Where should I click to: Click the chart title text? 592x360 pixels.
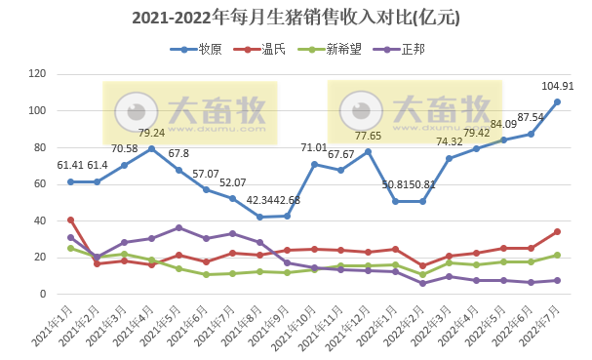(296, 18)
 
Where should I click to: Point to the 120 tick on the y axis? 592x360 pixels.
(38, 74)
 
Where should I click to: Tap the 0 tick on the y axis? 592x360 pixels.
(44, 294)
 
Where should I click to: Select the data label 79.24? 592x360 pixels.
(151, 133)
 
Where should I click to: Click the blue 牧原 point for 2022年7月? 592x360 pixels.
(557, 101)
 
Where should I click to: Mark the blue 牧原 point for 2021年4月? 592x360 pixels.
(151, 148)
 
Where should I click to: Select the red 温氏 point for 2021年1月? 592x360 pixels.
(70, 220)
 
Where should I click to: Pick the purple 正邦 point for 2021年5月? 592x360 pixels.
(178, 227)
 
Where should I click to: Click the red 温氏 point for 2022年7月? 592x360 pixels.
(557, 231)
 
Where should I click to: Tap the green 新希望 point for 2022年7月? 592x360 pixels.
(557, 255)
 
